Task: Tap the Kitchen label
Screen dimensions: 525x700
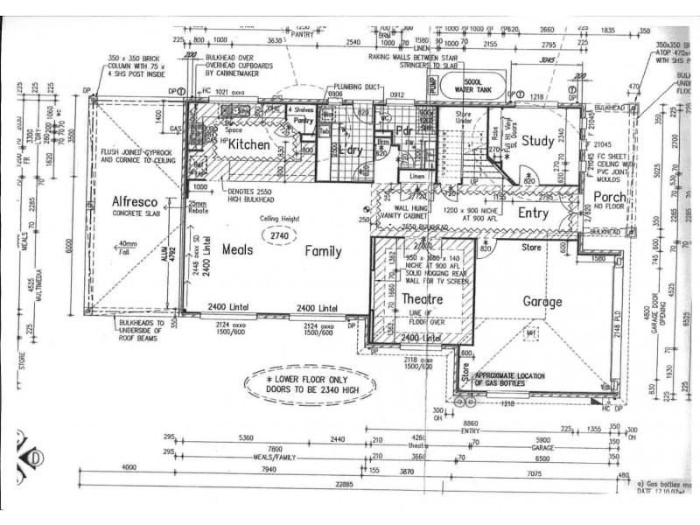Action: click(x=248, y=144)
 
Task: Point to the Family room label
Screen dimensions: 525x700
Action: click(x=323, y=251)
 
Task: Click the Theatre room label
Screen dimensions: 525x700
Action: click(x=422, y=299)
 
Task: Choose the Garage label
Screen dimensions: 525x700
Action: click(x=542, y=302)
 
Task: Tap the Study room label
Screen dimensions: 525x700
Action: click(x=538, y=141)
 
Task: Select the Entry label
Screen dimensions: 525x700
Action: click(x=533, y=213)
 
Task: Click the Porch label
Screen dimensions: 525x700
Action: click(x=609, y=197)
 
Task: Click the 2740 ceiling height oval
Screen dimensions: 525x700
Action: click(x=279, y=236)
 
